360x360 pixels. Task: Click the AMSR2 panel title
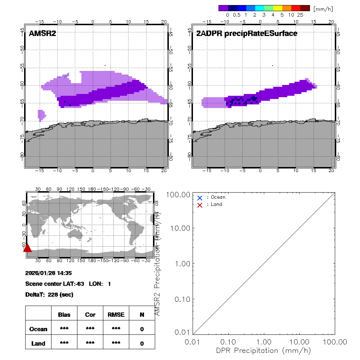click(x=42, y=33)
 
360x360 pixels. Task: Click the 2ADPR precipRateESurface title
click(x=247, y=33)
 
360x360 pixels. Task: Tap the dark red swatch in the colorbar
click(x=305, y=8)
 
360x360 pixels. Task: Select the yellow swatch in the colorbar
click(x=278, y=8)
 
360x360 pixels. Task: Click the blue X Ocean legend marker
click(x=200, y=198)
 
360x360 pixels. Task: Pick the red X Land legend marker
click(x=200, y=205)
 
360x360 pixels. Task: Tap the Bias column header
click(x=64, y=315)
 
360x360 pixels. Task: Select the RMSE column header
click(x=116, y=315)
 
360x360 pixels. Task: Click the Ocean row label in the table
click(x=39, y=329)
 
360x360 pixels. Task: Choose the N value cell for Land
click(x=142, y=343)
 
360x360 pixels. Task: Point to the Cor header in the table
click(x=90, y=315)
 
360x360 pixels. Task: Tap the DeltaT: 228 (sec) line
click(x=49, y=294)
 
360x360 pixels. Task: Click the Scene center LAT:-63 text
click(x=54, y=284)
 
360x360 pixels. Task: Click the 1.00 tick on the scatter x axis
click(x=264, y=342)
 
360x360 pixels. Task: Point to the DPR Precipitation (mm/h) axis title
click(x=264, y=350)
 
